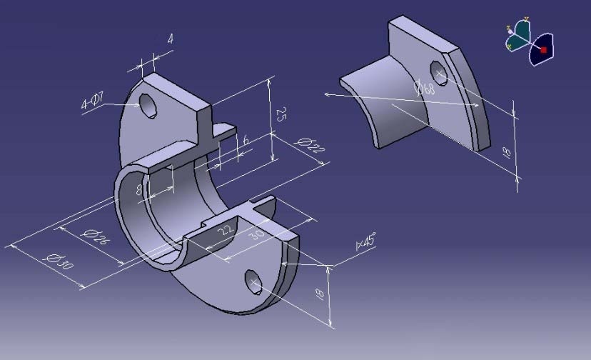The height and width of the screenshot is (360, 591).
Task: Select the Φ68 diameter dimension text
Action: click(x=425, y=89)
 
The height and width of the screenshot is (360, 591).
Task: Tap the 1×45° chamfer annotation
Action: click(x=365, y=241)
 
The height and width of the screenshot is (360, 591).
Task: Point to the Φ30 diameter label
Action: click(x=59, y=261)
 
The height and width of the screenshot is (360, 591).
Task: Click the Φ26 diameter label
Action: click(x=95, y=236)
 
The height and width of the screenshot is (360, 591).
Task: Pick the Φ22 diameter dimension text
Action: click(x=310, y=145)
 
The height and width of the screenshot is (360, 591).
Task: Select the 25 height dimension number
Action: click(x=281, y=114)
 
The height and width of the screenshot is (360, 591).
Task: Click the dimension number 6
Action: click(x=246, y=140)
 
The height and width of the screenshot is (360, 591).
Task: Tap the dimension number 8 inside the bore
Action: click(x=138, y=189)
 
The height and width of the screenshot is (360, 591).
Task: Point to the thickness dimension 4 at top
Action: click(x=171, y=39)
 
